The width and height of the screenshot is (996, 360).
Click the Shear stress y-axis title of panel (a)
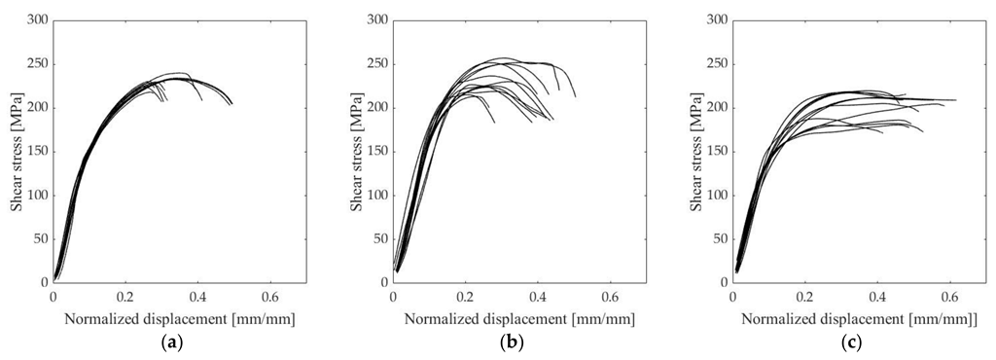(17, 151)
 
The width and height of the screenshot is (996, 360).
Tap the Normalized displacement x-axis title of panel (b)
(520, 318)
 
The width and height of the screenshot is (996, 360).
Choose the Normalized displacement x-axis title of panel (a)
(180, 318)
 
